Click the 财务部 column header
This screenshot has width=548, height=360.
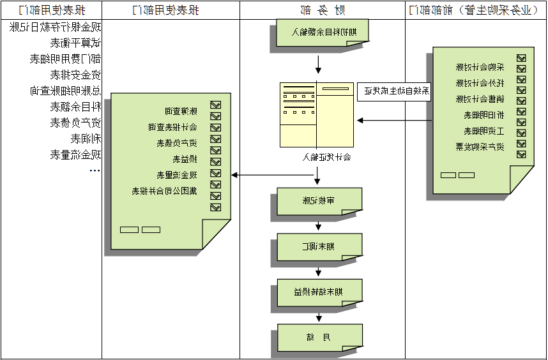(322, 10)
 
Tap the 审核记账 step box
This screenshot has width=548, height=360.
(319, 201)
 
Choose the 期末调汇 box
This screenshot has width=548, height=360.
(319, 246)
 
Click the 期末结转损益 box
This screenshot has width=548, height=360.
(319, 292)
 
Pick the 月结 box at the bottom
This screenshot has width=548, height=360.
(319, 336)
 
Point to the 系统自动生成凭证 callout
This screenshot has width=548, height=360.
(393, 91)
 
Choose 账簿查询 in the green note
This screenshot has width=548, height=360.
(181, 111)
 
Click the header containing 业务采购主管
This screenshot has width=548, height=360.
(476, 10)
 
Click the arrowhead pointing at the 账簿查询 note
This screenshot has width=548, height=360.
(234, 175)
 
